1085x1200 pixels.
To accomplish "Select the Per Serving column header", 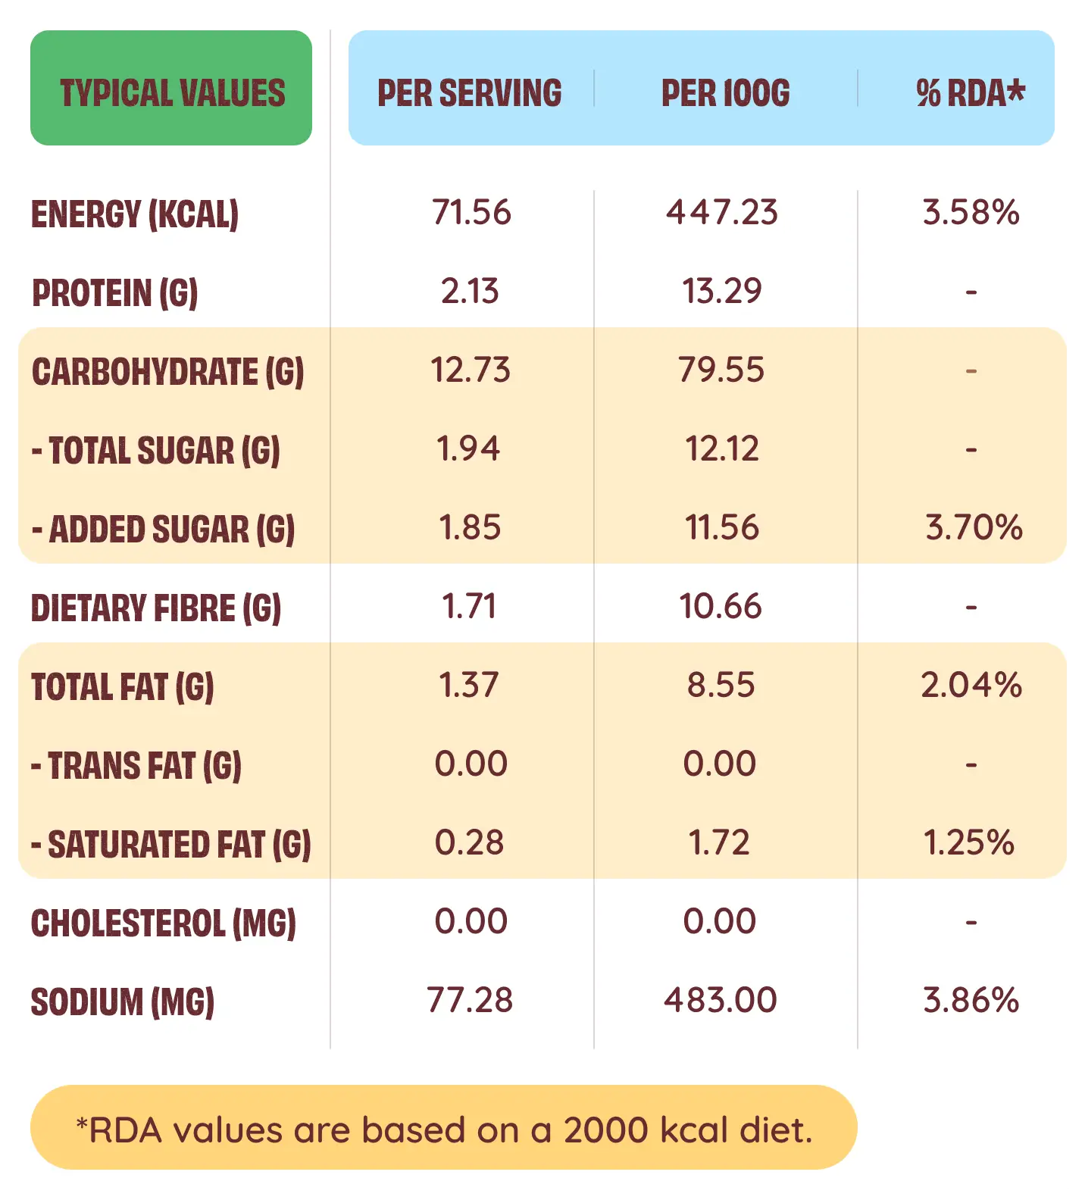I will point(470,93).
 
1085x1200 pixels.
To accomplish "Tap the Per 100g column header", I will point(725,93).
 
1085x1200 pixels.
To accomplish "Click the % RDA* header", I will point(970,93).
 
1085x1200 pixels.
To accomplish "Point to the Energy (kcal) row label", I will point(135,214).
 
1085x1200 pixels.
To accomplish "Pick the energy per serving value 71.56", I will point(471,212).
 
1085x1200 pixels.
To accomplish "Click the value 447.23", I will point(721,212).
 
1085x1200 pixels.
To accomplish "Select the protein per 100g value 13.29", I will point(721,291).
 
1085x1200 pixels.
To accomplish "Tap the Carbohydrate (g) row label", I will point(167,372).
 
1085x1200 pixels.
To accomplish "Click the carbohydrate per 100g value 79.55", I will point(721,370).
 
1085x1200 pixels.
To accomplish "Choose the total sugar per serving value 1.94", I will point(468,448).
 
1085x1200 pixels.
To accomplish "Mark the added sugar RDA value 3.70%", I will point(974,527).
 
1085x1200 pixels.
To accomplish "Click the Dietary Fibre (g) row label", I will point(155,608).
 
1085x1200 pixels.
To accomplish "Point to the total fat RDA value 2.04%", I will point(971,685).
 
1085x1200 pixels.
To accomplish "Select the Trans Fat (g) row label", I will point(136,766).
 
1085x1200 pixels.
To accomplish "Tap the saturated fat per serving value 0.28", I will point(469,842).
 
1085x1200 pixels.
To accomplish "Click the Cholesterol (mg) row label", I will point(163,923).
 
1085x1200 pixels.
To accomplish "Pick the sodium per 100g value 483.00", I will point(720,1000).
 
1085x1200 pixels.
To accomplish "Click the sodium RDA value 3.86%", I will point(971,1000).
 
